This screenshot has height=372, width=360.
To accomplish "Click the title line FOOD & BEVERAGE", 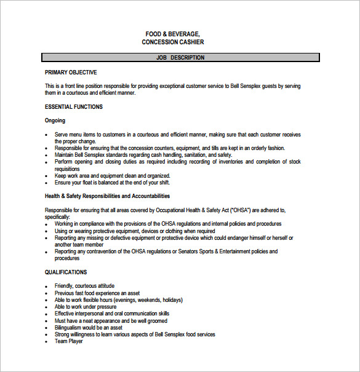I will (172, 33).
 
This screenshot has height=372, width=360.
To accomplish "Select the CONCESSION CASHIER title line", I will (172, 42).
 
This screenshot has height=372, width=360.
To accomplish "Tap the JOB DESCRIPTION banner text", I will (180, 58).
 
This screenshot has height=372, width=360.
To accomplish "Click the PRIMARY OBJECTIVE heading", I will (70, 73).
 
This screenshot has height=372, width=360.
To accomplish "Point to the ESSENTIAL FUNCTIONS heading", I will (74, 107).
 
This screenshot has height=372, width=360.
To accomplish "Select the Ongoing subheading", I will (55, 121).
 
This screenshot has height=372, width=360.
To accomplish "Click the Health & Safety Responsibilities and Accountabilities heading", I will (107, 196).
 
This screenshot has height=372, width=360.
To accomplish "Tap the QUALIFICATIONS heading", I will (66, 272).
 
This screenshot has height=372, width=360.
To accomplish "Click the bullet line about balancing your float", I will (112, 182).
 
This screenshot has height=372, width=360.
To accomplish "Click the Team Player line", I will (68, 341).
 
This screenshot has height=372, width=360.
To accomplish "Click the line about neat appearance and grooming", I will (111, 320).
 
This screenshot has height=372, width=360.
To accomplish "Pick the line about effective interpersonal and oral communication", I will (111, 314).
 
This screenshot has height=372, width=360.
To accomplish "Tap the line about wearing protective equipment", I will (134, 231).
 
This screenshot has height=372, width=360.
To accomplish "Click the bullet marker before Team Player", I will (47, 342).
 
